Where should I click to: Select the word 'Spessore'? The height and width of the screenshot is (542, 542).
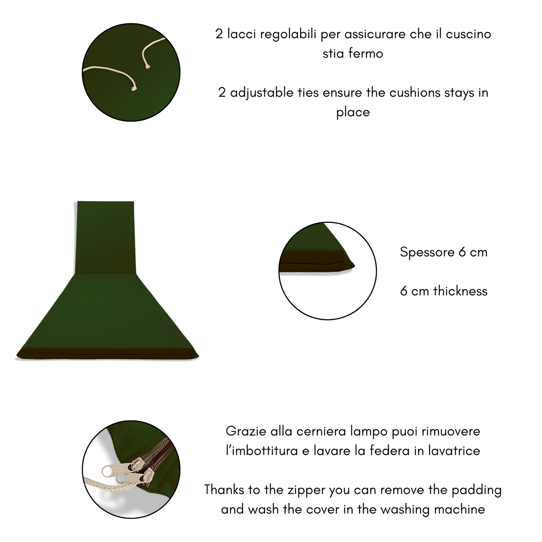(x=427, y=252)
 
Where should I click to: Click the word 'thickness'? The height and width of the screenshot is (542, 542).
(x=460, y=291)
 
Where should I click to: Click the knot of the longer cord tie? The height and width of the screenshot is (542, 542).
(x=134, y=88)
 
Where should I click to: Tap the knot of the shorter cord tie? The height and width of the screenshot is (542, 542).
(x=147, y=67)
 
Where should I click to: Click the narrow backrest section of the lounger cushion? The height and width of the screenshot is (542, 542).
(x=105, y=237)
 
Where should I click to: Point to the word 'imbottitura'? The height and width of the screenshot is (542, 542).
(x=262, y=451)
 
